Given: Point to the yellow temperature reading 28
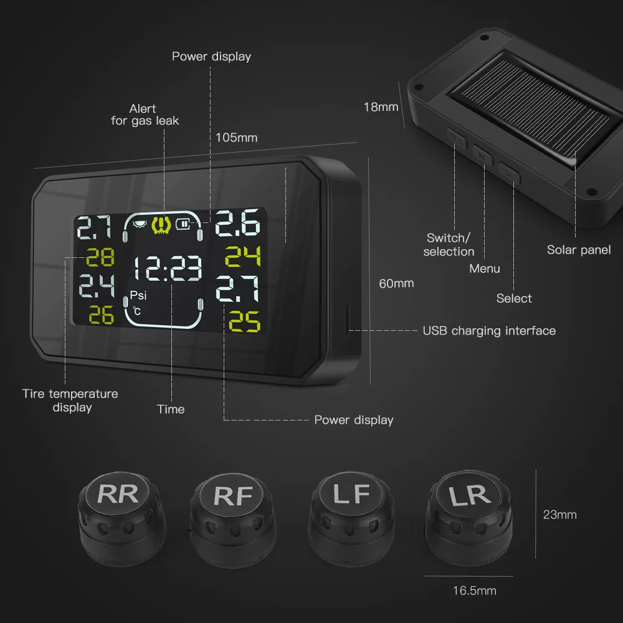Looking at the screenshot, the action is [99, 257].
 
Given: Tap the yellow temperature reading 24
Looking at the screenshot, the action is [242, 255].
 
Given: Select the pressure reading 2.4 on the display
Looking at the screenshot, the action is [96, 286].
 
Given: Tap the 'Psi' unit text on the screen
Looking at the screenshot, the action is [138, 295].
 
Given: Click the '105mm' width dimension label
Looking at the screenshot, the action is [236, 138].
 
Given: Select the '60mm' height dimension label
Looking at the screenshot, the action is [396, 283].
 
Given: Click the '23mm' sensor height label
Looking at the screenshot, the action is [559, 515].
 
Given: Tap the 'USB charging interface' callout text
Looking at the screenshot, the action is [489, 330].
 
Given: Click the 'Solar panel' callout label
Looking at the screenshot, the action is [579, 250].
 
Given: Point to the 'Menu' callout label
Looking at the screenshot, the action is [485, 269].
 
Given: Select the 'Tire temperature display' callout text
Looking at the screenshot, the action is [70, 400].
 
